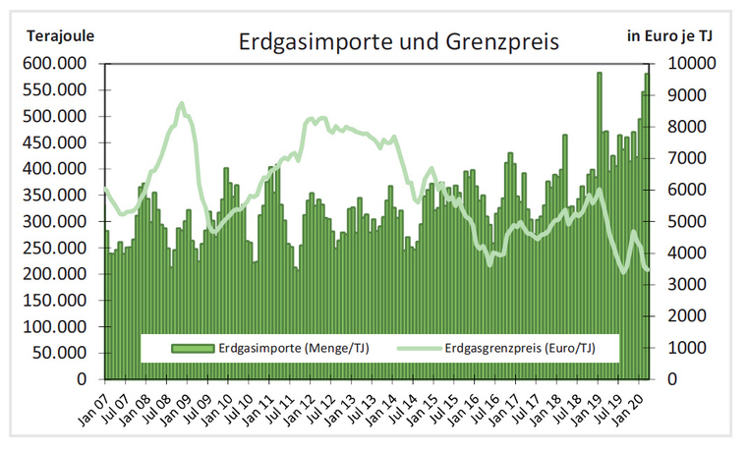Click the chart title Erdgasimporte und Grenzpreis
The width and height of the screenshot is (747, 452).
click(399, 42)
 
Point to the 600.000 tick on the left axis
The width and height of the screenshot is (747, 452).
click(56, 63)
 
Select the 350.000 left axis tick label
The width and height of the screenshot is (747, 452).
click(56, 195)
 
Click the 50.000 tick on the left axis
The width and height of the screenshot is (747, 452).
click(60, 353)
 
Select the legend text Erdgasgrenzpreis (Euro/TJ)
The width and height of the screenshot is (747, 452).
click(520, 347)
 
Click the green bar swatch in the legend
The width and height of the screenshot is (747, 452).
click(193, 347)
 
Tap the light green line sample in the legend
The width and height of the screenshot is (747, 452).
click(417, 347)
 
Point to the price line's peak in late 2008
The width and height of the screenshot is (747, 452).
click(181, 103)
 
